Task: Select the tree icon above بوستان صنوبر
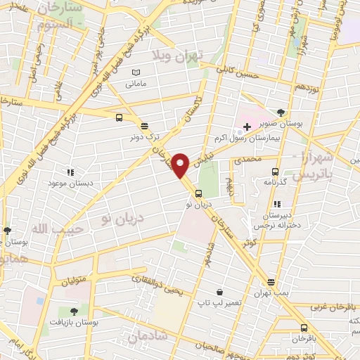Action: pos(281,112)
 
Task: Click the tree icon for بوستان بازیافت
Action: pos(73,310)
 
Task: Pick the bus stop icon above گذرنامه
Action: pos(275,171)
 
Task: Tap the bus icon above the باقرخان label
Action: pos(304,328)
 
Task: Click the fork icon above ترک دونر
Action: pos(144,127)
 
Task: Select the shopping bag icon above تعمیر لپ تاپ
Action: pos(219,292)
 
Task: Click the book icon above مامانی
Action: pos(136,72)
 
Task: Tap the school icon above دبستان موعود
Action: pos(70,172)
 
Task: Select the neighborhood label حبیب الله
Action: pos(56,229)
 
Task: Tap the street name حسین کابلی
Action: pos(239,74)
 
